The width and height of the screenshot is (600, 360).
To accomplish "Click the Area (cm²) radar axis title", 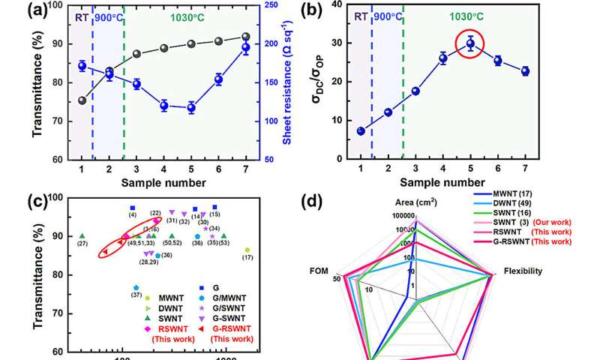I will click(415, 202).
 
